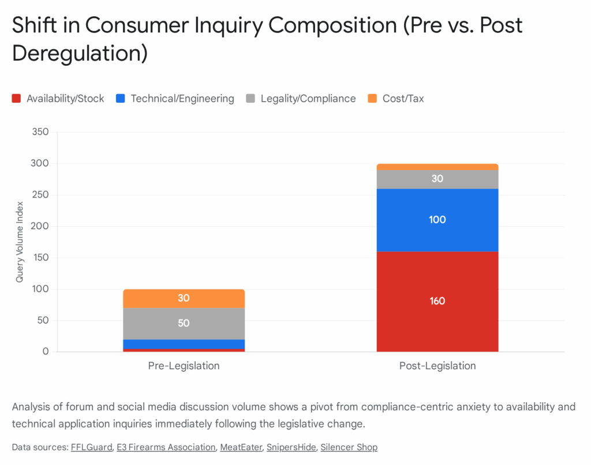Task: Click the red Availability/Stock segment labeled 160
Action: click(437, 301)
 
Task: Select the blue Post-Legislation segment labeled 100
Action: click(437, 220)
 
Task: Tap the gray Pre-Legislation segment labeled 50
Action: click(184, 323)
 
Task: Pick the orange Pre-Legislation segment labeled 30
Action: click(184, 299)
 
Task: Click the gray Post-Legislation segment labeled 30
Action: click(437, 179)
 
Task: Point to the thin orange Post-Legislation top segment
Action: click(437, 167)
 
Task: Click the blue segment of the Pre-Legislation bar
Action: click(184, 344)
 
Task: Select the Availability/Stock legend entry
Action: click(58, 99)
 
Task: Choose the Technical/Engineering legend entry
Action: click(175, 99)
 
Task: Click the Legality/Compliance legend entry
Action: click(301, 99)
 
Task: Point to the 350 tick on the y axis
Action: click(41, 132)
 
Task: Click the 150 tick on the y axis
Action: click(41, 258)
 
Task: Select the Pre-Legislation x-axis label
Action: click(184, 366)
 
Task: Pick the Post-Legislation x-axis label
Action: click(437, 366)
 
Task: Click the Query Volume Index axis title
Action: click(20, 242)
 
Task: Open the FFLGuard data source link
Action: click(91, 447)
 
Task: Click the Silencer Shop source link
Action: click(349, 447)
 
